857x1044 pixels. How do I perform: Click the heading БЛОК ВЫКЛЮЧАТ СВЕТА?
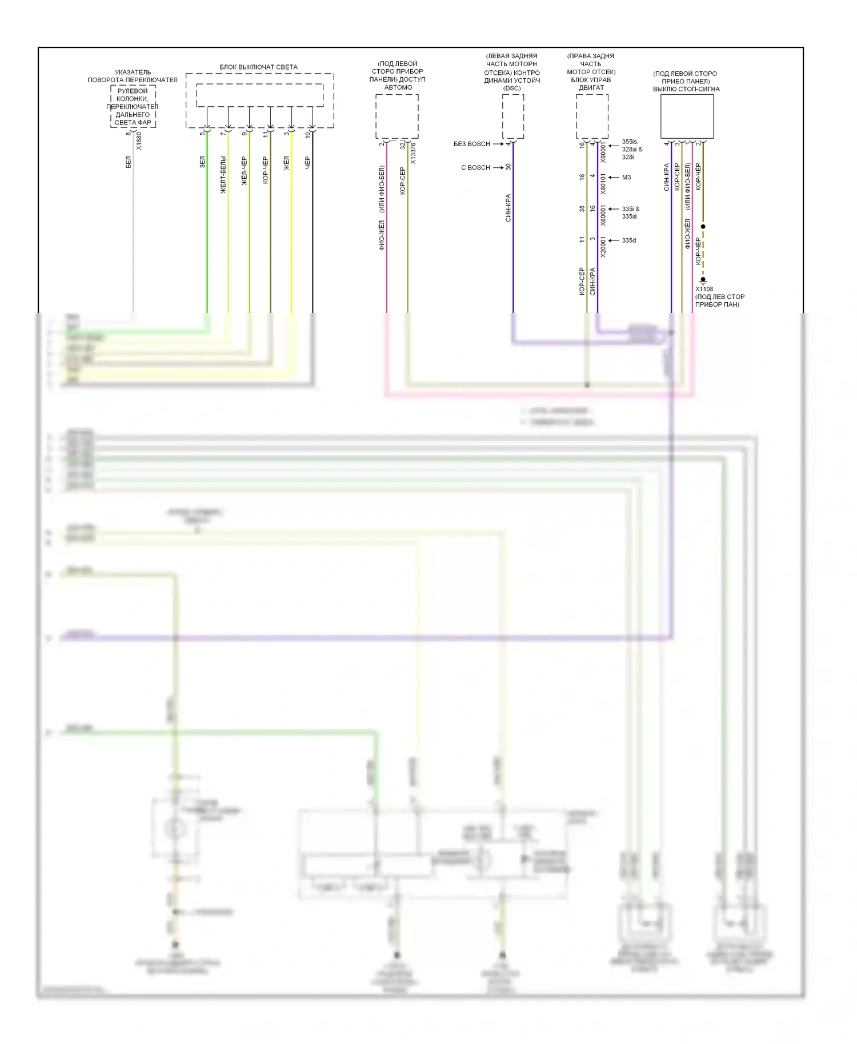click(x=258, y=67)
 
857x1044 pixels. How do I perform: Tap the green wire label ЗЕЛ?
click(x=202, y=162)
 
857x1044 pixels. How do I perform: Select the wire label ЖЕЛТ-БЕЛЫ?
click(x=223, y=175)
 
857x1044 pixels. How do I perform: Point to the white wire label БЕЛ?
click(x=129, y=163)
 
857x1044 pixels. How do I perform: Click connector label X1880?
click(x=139, y=141)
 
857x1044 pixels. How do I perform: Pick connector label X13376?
click(x=413, y=153)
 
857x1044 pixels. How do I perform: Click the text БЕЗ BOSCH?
click(x=471, y=144)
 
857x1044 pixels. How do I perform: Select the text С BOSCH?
click(x=475, y=167)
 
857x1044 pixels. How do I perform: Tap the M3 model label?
click(x=626, y=178)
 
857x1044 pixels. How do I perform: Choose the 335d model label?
click(x=628, y=240)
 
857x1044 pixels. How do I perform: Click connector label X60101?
click(x=603, y=184)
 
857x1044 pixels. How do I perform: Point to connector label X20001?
click(x=603, y=247)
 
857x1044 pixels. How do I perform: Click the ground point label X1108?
click(x=704, y=289)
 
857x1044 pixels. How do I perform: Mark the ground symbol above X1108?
click(x=703, y=280)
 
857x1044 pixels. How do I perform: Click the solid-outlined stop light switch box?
click(x=687, y=116)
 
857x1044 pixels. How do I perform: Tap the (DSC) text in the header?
click(x=512, y=88)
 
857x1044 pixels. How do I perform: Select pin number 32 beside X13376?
click(x=403, y=146)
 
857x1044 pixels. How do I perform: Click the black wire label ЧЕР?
click(x=307, y=162)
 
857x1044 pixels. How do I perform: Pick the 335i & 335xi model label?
click(x=630, y=212)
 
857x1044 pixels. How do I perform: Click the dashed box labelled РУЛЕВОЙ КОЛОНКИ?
click(x=133, y=107)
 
